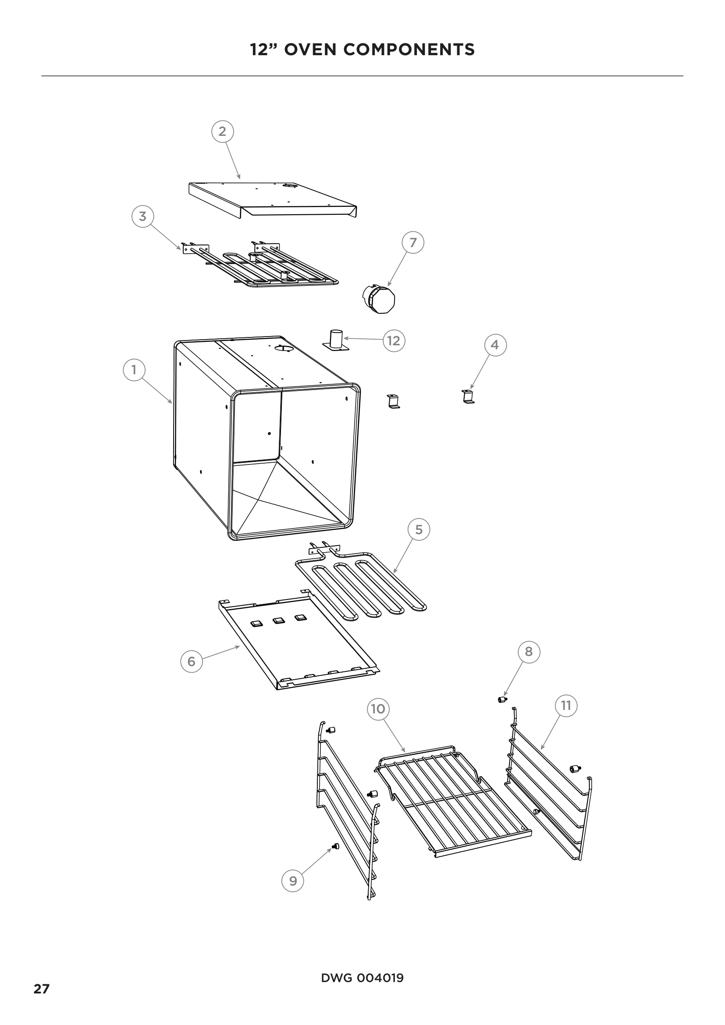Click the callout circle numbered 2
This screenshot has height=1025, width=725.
click(222, 131)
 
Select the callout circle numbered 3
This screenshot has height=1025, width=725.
click(142, 216)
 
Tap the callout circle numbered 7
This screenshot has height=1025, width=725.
click(413, 242)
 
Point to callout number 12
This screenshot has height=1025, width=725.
click(394, 340)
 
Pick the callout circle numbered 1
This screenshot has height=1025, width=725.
click(134, 370)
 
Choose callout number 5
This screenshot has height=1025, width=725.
click(419, 529)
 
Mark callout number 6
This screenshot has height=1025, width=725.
click(192, 661)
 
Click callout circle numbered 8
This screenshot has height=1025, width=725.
click(529, 652)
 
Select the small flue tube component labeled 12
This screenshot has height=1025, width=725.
click(336, 340)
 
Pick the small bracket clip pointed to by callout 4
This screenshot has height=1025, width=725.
click(467, 397)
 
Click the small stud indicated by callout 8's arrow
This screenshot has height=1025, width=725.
click(502, 699)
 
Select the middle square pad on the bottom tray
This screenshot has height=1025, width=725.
click(279, 621)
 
